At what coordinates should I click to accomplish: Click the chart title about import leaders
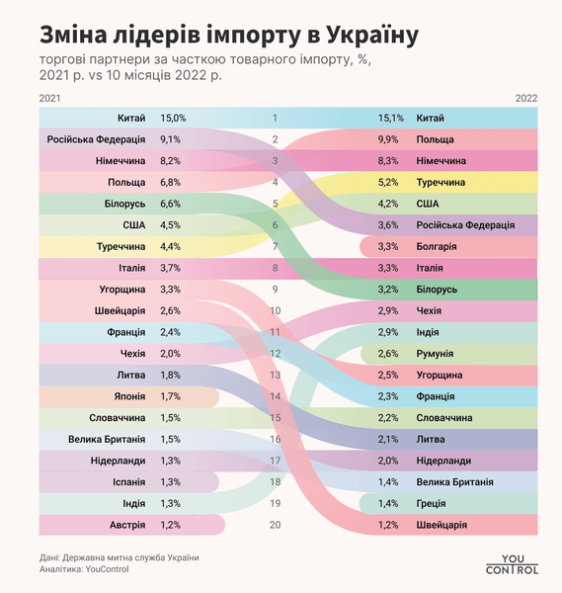coord(228,36)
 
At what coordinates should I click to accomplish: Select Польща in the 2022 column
coord(436,139)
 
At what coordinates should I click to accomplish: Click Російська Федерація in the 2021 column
coord(96,139)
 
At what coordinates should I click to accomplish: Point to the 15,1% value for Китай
coord(391,118)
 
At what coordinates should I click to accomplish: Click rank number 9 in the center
coord(275,290)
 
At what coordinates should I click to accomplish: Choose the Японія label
coord(127,395)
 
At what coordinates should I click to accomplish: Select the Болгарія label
coord(438,246)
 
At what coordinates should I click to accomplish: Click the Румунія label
coord(436,353)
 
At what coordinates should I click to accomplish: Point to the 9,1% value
coord(169,139)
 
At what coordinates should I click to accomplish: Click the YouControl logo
coord(512,562)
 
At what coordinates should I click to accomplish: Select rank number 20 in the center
coord(275,525)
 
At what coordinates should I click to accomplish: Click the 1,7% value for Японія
coord(169,395)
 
